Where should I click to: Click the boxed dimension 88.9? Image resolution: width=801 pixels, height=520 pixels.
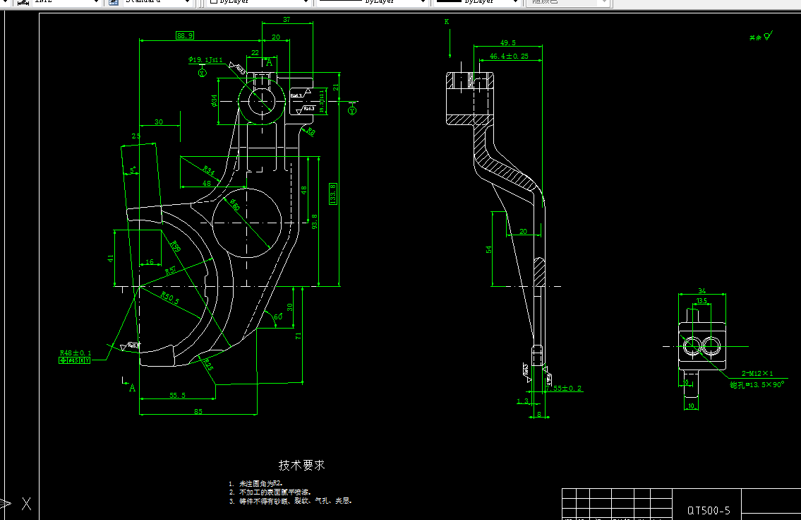[x=185, y=35]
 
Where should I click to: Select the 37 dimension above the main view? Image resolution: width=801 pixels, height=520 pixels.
[x=287, y=19]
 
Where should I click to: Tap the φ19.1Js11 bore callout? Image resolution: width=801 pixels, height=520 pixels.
[x=205, y=60]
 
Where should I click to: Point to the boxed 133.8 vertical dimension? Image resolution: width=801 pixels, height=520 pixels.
[x=333, y=193]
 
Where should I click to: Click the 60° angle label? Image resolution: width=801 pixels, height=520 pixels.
[x=278, y=317]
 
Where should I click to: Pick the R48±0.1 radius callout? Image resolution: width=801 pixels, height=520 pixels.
[x=76, y=352]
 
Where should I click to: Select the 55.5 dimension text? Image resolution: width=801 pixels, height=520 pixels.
[x=178, y=395]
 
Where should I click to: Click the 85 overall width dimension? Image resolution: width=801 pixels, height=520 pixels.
[x=198, y=410]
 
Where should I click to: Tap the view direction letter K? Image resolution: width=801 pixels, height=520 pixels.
[x=447, y=22]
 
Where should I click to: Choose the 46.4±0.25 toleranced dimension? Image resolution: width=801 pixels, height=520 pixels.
[x=509, y=56]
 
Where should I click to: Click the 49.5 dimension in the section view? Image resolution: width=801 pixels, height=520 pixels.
[x=508, y=42]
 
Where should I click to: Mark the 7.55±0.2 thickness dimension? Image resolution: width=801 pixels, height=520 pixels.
[x=565, y=388]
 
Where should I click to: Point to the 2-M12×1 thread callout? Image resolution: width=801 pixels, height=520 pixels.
[x=757, y=373]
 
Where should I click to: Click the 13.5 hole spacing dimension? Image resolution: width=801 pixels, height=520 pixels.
[x=701, y=301]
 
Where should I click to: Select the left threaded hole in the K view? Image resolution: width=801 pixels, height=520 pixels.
[x=692, y=345]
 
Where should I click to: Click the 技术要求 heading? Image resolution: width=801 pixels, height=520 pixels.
[x=302, y=465]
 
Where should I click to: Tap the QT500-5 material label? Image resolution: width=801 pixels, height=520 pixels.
[x=709, y=509]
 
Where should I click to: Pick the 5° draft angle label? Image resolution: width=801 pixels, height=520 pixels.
[x=132, y=170]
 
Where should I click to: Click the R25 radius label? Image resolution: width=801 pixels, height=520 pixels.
[x=207, y=364]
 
